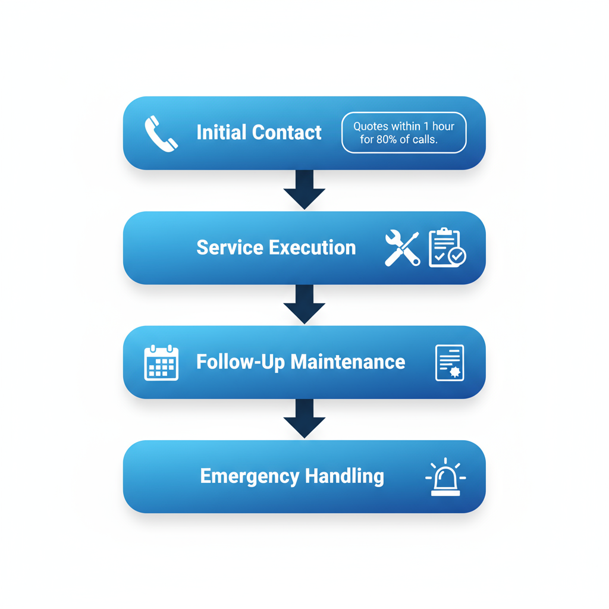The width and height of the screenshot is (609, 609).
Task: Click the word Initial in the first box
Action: [221, 132]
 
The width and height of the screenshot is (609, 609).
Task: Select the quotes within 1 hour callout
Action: [404, 133]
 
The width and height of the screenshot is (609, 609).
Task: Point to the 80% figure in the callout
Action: [386, 140]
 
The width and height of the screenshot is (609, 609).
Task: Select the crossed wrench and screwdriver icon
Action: [402, 248]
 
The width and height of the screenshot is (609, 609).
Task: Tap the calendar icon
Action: [161, 362]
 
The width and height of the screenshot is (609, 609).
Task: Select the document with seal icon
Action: [450, 362]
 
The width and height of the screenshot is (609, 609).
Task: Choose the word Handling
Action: [344, 476]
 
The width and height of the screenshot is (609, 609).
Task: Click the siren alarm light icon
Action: [445, 477]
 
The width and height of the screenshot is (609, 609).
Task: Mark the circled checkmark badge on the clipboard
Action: [457, 256]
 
